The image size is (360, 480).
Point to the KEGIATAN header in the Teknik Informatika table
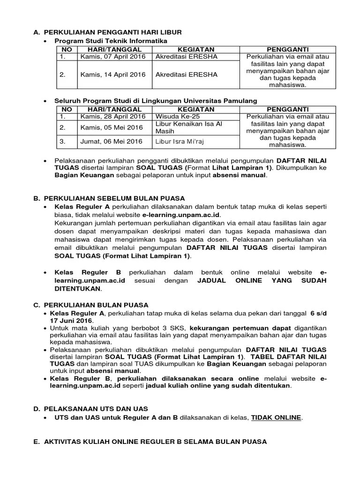click(196, 49)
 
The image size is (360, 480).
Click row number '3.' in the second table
click(63, 142)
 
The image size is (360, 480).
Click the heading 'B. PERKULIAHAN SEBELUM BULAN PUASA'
click(109, 198)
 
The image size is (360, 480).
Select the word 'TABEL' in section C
click(265, 357)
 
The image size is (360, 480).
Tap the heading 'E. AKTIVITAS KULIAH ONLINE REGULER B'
click(150, 442)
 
